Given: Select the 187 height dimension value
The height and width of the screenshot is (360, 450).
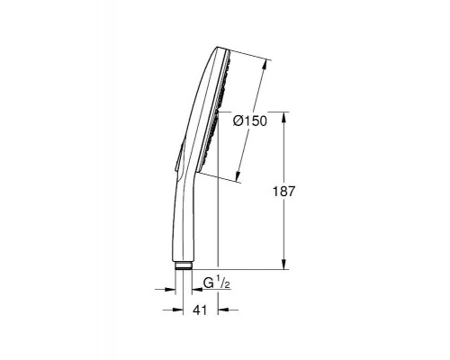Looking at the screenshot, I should point(284,191).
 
